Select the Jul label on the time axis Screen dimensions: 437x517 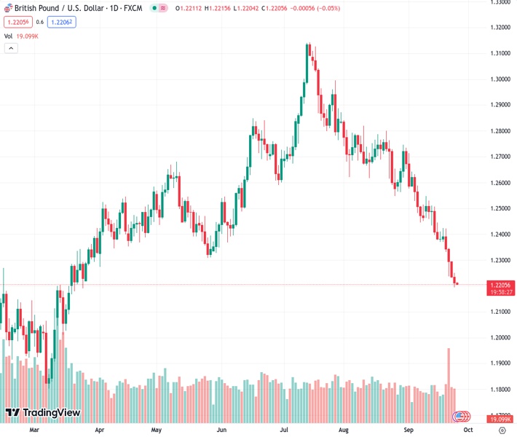click(284, 430)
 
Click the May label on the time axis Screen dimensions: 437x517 click(156, 430)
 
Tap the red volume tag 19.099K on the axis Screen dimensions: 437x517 click(500, 420)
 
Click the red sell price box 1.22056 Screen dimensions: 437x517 click(15, 22)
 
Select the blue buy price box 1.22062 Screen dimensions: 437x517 click(61, 22)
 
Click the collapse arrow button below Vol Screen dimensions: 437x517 click(11, 48)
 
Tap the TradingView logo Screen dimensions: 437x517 click(42, 413)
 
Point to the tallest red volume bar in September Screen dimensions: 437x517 click(449, 368)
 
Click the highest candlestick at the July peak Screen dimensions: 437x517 click(308, 51)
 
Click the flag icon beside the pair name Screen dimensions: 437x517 click(8, 8)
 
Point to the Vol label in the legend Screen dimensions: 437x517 click(9, 35)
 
